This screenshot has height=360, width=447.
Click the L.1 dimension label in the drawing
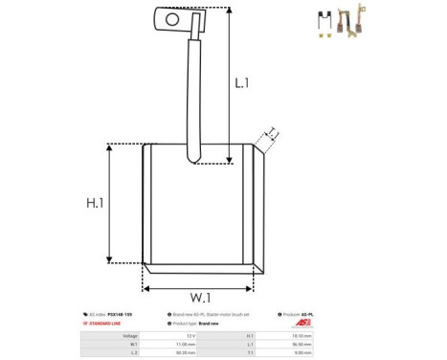click(x=242, y=83)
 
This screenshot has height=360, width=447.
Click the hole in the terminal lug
click(x=172, y=17)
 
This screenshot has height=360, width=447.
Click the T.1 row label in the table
click(x=251, y=351)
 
